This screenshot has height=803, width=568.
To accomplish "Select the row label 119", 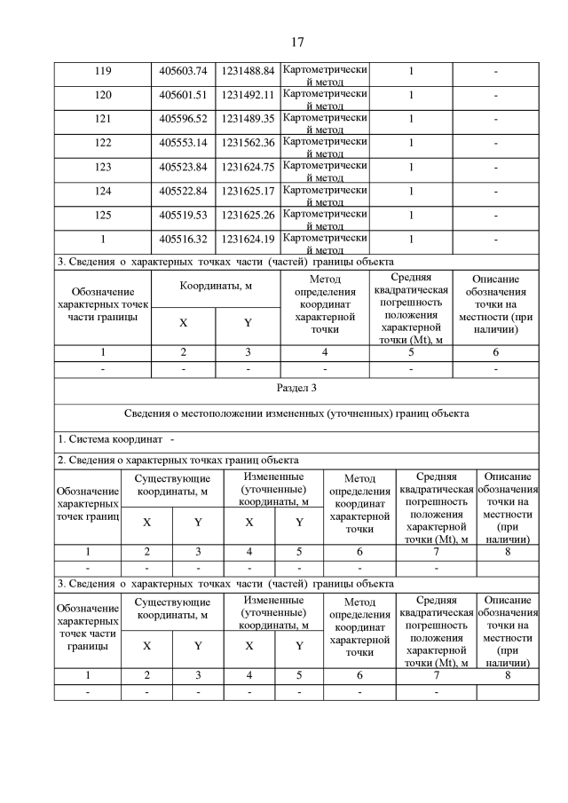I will pos(102,71).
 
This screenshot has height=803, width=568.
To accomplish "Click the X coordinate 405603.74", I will pos(183,71).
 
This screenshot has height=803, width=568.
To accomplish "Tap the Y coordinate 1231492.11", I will pos(248,95).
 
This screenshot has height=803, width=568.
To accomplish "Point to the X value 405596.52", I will pos(183,119).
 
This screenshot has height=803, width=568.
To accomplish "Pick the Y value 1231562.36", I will pos(248,143).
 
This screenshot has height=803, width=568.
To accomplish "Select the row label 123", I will pos(102,167).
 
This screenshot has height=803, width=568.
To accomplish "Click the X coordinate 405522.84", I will pos(183,191).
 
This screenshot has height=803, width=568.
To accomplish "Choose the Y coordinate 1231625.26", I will pos(248,215).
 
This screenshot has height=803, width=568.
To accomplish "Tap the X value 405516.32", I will pos(183,239).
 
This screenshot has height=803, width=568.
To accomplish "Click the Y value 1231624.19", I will pos(248,239).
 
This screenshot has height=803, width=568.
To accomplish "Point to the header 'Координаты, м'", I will pos(215,287).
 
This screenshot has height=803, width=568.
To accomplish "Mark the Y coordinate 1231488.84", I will pos(248,71).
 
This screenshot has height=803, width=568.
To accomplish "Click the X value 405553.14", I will pos(183,143).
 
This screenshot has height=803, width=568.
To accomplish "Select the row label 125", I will pos(102,215).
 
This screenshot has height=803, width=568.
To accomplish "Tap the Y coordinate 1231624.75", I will pos(248,167).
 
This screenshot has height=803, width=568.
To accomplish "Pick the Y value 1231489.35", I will pos(248,119).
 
